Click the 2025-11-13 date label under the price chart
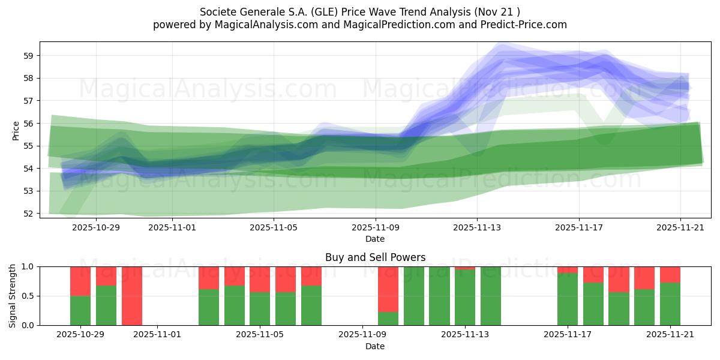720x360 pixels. click(x=477, y=227)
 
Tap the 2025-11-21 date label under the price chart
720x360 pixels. click(x=680, y=227)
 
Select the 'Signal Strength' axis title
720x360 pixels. click(x=13, y=296)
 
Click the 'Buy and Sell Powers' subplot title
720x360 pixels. click(x=375, y=257)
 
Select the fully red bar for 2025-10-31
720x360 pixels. click(x=132, y=296)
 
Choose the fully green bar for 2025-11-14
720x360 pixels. click(x=491, y=296)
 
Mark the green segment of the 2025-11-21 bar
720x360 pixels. click(x=670, y=304)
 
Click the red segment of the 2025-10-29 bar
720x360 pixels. click(x=80, y=281)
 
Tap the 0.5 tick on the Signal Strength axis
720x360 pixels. click(x=28, y=296)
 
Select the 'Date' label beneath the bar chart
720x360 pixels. click(x=375, y=346)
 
